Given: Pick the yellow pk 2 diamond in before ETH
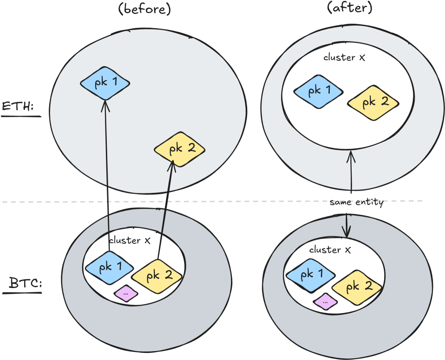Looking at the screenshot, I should pyautogui.click(x=180, y=149).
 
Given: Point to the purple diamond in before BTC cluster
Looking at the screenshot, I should pyautogui.click(x=126, y=293).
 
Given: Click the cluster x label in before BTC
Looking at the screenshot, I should pyautogui.click(x=130, y=240).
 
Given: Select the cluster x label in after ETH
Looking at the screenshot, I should pyautogui.click(x=344, y=57).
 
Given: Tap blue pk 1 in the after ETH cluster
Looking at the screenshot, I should pyautogui.click(x=318, y=91).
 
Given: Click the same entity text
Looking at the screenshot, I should pyautogui.click(x=357, y=203).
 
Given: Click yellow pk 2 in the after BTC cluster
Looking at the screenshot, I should pyautogui.click(x=357, y=286).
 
